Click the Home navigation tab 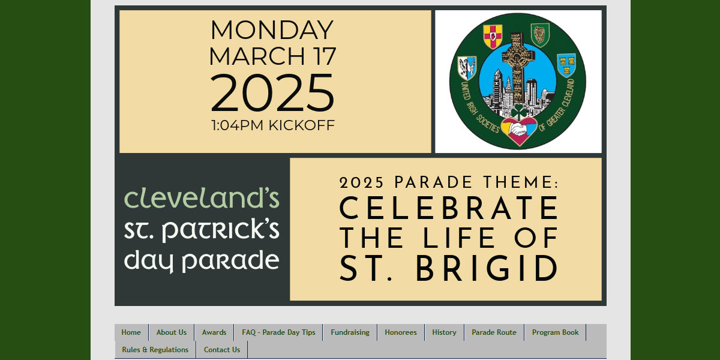coord(131,332)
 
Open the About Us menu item coord(172,332)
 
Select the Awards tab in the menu coord(214,332)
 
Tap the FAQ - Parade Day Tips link coord(278,332)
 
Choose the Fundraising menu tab coord(350,332)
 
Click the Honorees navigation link coord(401,332)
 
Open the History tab coord(444,332)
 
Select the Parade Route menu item coord(494,332)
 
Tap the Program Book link coord(555,332)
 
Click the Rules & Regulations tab coord(155,350)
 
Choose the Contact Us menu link coord(222,350)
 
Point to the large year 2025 coord(272,93)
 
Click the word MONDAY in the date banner coord(272,30)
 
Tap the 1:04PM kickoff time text coord(272,125)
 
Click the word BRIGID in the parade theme coord(487,269)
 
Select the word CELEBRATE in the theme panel coord(449,208)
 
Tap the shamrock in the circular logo coord(518,111)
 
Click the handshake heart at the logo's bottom coord(518,131)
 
